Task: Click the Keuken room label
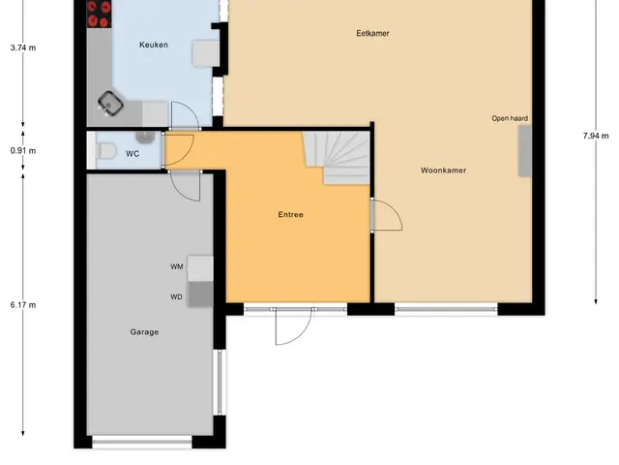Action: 154,45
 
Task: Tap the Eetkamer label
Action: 372,33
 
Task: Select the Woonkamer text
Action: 443,170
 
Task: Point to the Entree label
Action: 290,215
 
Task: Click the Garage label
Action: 144,332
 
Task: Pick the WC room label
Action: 133,154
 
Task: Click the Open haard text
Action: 510,118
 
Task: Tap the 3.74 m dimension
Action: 23,47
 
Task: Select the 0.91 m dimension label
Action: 23,151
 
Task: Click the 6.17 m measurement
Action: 23,305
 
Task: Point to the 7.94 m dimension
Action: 596,136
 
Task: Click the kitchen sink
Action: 110,104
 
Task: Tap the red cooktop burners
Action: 99,14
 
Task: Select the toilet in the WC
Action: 105,151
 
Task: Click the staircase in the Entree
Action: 337,158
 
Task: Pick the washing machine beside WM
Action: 200,268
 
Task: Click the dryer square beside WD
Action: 200,294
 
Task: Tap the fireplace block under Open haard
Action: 524,151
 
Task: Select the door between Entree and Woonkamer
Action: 386,214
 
